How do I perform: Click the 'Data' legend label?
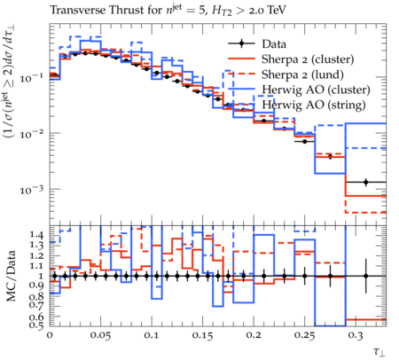274,44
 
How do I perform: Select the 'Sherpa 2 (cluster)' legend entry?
308,59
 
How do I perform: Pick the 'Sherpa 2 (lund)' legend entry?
302,74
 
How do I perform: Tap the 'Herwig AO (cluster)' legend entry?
316,90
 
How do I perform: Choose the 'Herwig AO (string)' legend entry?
314,105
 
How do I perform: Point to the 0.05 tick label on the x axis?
100,335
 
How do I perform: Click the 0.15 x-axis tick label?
202,335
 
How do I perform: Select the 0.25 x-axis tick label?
304,335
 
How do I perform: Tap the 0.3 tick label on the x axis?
356,335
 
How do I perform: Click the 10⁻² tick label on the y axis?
32,134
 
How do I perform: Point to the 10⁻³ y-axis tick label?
32,190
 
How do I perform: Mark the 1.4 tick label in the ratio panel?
36,235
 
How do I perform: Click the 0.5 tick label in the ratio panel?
36,325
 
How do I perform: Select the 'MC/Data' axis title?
12,276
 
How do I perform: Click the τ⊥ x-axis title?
379,351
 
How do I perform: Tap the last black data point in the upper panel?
366,182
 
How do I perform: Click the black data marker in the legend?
241,43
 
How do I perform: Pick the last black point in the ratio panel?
366,276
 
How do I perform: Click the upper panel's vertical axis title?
9,82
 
